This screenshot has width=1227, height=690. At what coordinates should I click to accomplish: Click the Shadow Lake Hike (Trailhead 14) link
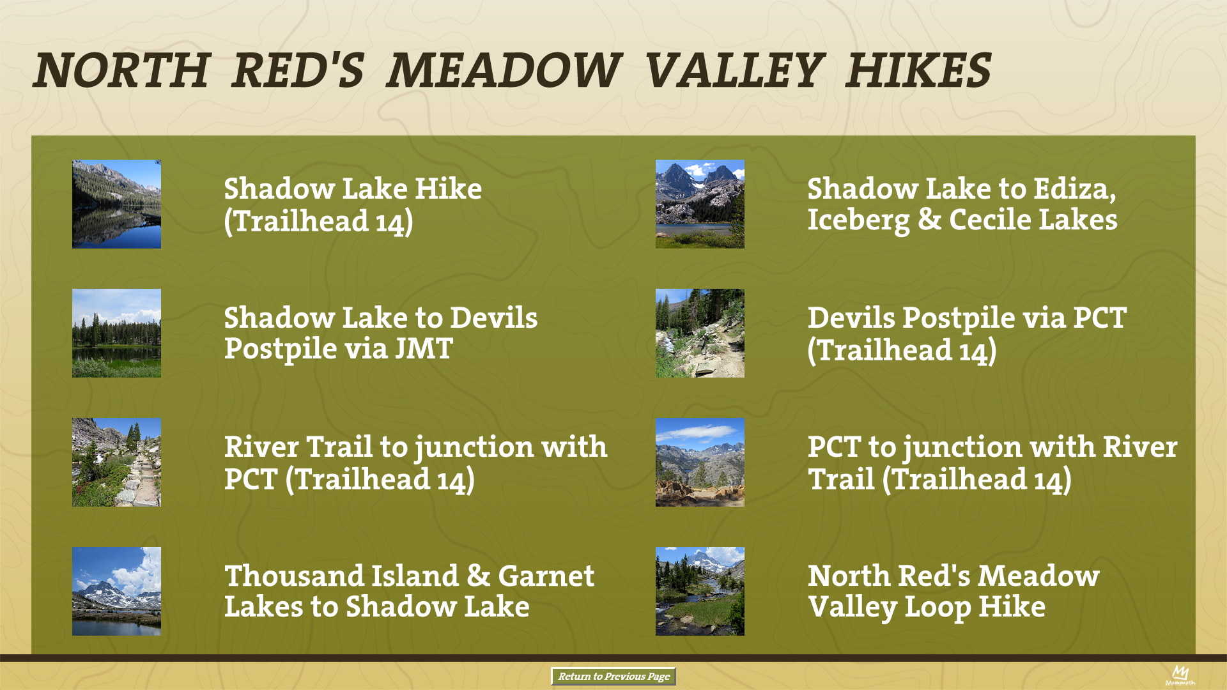353,205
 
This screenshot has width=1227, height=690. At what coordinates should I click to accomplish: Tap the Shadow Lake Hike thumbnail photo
116,204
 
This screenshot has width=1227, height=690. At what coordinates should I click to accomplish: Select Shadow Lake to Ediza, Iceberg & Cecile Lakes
962,204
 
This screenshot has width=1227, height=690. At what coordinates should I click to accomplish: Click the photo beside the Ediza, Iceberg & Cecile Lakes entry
700,204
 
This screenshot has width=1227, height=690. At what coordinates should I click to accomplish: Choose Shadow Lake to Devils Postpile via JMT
381,333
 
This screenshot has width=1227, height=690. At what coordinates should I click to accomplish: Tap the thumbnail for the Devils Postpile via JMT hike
116,333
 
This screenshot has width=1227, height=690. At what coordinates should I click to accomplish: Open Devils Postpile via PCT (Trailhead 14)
967,334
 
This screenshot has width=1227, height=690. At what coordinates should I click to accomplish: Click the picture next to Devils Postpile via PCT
700,333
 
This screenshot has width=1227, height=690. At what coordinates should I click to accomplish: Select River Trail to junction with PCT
415,463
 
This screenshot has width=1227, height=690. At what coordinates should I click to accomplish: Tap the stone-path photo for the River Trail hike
116,462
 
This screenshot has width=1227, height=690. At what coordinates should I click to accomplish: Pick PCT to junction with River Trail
992,463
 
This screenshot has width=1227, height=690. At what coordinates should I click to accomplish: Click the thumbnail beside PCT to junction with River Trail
700,462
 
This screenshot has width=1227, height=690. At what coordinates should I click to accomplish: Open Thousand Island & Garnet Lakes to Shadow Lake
409,591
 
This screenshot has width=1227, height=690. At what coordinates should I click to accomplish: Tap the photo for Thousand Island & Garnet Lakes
116,591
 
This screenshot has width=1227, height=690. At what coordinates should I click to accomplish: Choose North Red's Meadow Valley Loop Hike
953,592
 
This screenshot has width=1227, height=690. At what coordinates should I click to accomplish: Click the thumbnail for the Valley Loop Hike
700,591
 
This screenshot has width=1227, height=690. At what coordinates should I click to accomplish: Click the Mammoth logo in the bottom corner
1180,675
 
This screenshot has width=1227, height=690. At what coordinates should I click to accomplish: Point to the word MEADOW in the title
504,70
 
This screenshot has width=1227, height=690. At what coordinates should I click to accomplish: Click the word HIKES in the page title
918,70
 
